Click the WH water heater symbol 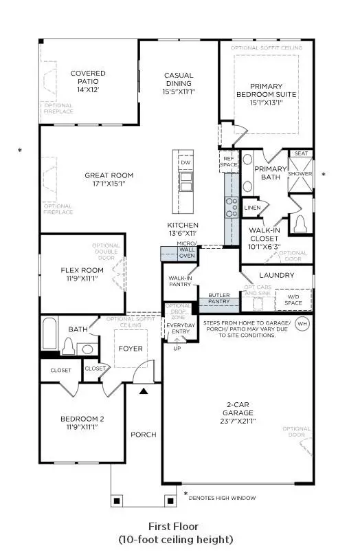click(303, 323)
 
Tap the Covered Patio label click(87, 78)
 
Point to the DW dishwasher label click(186, 162)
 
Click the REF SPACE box click(228, 162)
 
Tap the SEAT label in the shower click(300, 154)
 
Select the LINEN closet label click(252, 207)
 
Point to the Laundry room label click(277, 275)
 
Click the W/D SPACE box click(293, 299)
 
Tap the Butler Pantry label click(218, 298)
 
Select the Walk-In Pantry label click(179, 282)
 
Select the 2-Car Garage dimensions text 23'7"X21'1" click(237, 421)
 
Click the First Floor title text click(175, 527)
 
